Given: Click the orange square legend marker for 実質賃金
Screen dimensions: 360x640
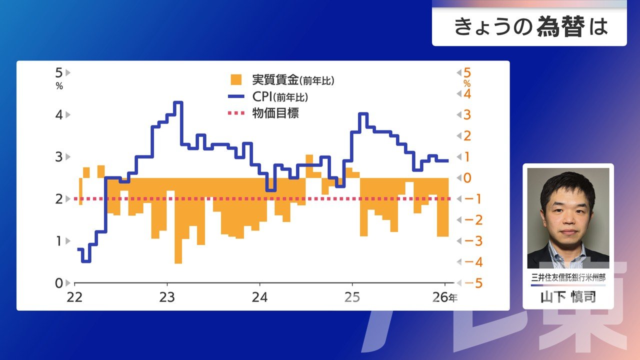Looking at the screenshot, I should pos(235,79).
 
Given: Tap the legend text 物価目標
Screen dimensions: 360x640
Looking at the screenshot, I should pos(275,113).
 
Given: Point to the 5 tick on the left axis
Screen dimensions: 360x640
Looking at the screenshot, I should pos(59,72).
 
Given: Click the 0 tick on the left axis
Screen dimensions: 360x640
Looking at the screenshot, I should pos(59,283).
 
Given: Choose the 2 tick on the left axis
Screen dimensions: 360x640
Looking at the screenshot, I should pos(59,199).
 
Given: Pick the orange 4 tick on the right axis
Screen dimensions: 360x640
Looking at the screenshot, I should pos(467,93).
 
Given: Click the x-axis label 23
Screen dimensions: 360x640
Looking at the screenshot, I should pos(167,297).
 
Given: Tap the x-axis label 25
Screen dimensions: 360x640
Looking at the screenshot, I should pos(352,297).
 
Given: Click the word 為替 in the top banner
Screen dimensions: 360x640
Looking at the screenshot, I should pos(560,27).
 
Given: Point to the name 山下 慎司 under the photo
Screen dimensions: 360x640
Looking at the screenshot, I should pos(568,297).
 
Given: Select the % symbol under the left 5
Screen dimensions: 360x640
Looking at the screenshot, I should pos(59,86).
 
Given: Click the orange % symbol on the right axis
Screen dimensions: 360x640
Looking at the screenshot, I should pos(467,83).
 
